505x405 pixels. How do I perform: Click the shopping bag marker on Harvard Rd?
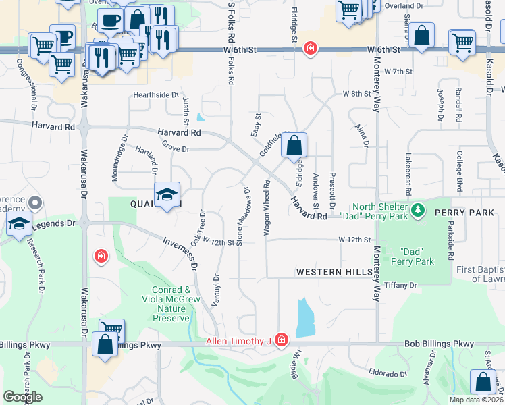coord(294,144)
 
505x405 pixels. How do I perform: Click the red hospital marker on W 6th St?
coord(310,49)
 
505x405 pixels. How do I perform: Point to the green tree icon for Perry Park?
coord(419,210)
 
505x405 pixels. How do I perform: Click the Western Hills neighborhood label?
coord(334,272)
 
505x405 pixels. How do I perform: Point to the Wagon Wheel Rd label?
coord(267,207)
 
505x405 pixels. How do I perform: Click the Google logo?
coord(23,397)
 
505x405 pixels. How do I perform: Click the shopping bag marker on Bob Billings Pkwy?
coord(107,344)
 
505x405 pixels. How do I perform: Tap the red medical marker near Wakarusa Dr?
coord(101,256)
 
